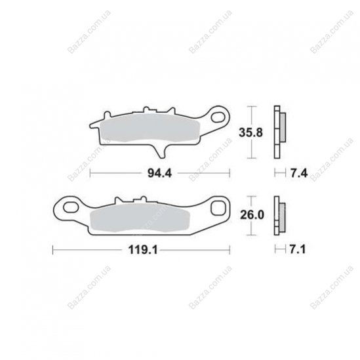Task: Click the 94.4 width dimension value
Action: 159,173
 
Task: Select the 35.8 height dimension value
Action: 250,132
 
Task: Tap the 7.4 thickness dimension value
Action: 299,173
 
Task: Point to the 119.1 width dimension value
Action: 143,250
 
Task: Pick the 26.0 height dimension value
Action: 252,215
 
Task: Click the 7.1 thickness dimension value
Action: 298,249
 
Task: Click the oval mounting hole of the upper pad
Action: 218,117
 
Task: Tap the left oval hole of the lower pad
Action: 71,207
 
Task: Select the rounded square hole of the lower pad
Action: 218,208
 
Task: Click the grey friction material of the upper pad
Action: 150,128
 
